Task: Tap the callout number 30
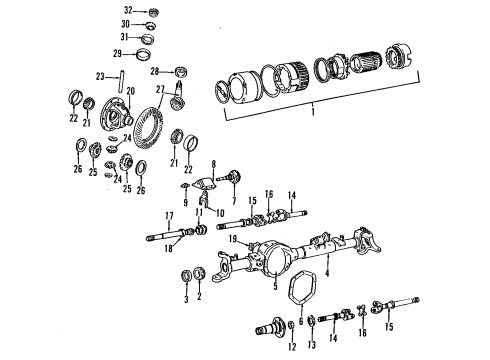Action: pyautogui.click(x=126, y=23)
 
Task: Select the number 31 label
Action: pyautogui.click(x=126, y=38)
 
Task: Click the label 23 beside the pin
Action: pyautogui.click(x=100, y=76)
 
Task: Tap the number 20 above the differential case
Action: pyautogui.click(x=128, y=90)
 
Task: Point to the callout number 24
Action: pyautogui.click(x=127, y=139)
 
